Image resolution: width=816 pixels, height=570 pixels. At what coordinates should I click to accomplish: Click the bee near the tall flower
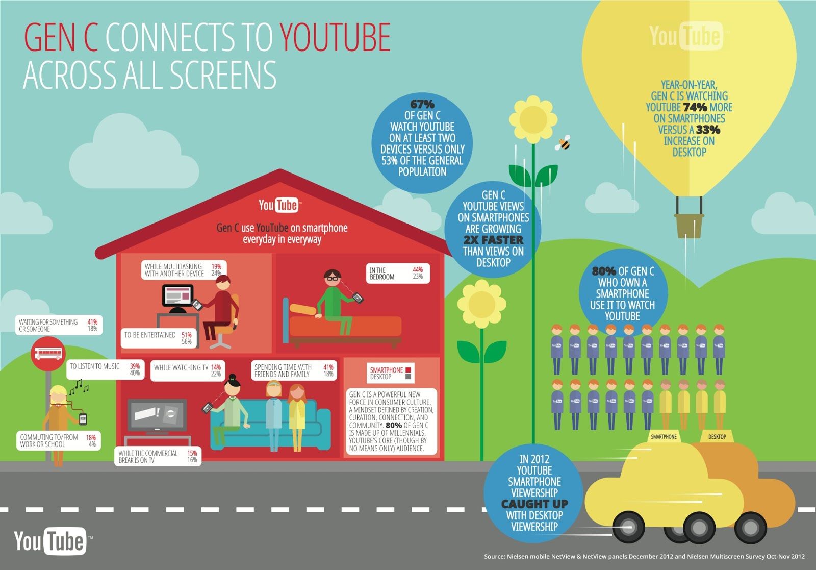click(x=564, y=143)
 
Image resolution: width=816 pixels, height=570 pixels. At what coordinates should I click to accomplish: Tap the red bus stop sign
click(x=48, y=353)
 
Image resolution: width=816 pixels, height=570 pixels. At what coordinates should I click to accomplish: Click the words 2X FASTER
click(x=493, y=240)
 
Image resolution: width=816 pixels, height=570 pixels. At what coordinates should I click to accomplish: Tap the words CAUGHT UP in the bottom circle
click(x=534, y=504)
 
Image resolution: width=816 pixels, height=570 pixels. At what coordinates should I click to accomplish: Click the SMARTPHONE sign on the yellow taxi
click(x=664, y=437)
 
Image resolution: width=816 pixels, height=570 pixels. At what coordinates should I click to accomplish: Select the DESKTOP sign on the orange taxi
click(x=717, y=437)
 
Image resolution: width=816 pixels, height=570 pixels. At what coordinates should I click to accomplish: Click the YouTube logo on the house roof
click(x=279, y=205)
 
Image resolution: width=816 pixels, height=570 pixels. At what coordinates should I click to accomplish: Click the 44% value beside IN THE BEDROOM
click(x=418, y=269)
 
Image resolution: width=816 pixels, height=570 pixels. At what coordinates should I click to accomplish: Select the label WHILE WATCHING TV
click(x=181, y=367)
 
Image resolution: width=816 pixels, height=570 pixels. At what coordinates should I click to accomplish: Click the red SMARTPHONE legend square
click(x=408, y=369)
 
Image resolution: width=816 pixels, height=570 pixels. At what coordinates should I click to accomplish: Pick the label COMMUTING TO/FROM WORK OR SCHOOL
click(x=49, y=441)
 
